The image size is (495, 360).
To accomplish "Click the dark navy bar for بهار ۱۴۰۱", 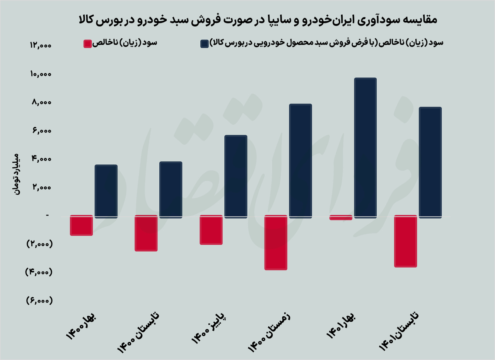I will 365,148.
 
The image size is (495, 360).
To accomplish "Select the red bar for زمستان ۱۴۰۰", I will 276,242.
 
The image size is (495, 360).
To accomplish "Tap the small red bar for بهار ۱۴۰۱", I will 341,218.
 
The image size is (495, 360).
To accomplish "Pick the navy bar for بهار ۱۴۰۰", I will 106,191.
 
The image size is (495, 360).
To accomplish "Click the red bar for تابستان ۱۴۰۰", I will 146,233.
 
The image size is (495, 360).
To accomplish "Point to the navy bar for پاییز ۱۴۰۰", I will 236,177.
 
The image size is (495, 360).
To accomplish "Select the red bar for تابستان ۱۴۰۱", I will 405,241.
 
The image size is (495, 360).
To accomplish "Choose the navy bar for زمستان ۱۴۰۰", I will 300,161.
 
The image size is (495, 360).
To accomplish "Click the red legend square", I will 87,44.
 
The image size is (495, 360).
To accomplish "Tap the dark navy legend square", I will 204,44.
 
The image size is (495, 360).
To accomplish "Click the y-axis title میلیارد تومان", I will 16,173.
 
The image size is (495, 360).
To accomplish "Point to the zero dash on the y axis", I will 47,215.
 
